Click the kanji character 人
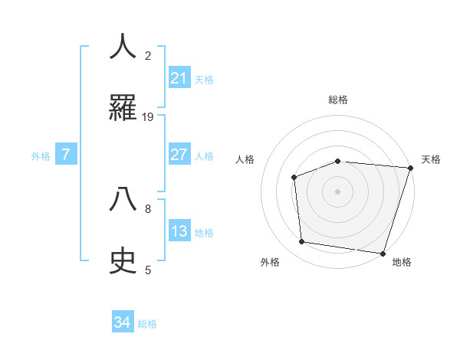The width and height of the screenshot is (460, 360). pyautogui.click(x=123, y=47)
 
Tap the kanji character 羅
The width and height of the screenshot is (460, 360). pyautogui.click(x=123, y=108)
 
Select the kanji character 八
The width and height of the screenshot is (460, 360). pyautogui.click(x=123, y=198)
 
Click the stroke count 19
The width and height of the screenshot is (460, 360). pyautogui.click(x=148, y=117)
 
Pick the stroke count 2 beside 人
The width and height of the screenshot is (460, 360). pyautogui.click(x=148, y=55)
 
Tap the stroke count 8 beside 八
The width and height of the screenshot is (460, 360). pyautogui.click(x=148, y=208)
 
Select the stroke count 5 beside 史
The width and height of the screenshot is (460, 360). pyautogui.click(x=148, y=270)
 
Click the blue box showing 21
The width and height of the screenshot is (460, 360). pyautogui.click(x=179, y=78)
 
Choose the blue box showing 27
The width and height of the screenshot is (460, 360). pyautogui.click(x=179, y=155)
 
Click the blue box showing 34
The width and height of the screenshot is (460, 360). pyautogui.click(x=123, y=323)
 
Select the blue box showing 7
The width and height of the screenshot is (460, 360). pyautogui.click(x=66, y=155)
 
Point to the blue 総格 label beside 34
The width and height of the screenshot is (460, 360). pyautogui.click(x=147, y=324)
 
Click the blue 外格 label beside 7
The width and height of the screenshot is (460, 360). pyautogui.click(x=41, y=156)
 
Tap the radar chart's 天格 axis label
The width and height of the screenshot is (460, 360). pyautogui.click(x=431, y=159)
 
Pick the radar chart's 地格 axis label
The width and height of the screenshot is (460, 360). pyautogui.click(x=401, y=262)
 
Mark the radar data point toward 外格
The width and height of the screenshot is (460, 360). pyautogui.click(x=302, y=242)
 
